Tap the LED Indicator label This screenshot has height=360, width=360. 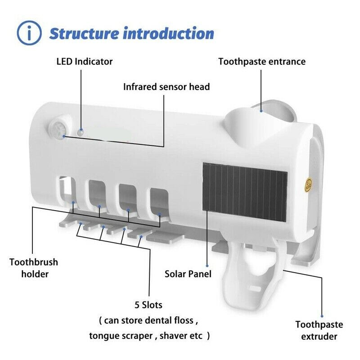pyautogui.click(x=85, y=62)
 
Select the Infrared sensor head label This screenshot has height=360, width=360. pyautogui.click(x=166, y=86)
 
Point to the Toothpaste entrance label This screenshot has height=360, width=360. pyautogui.click(x=262, y=62)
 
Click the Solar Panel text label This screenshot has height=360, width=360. pyautogui.click(x=188, y=274)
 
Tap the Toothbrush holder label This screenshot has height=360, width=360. pyautogui.click(x=34, y=268)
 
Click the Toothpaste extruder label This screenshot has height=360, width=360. pyautogui.click(x=319, y=330)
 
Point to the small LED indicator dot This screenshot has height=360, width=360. pyautogui.click(x=80, y=132)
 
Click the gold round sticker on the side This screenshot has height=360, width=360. pyautogui.click(x=309, y=184)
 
